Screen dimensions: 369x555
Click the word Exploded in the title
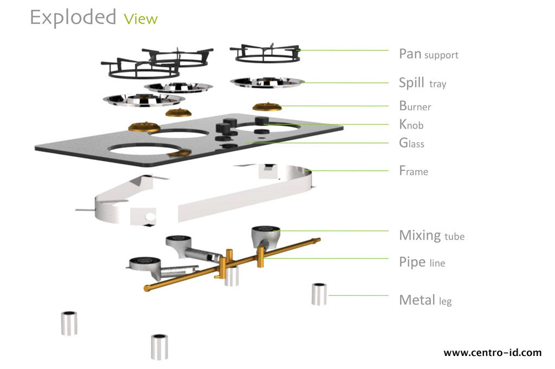(x=73, y=17)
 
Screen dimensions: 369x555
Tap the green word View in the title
(x=140, y=20)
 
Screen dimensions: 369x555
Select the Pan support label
(x=428, y=54)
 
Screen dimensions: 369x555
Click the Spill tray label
(x=422, y=83)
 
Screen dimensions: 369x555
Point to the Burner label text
(x=415, y=106)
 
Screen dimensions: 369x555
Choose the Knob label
(x=411, y=125)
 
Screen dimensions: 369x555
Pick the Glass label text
(x=411, y=144)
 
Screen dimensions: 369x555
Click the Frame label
(x=413, y=171)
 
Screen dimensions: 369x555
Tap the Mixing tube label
(x=431, y=236)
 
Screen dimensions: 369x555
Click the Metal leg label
(x=425, y=300)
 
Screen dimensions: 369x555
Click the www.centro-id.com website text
(x=492, y=353)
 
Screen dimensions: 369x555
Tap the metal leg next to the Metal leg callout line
(x=319, y=294)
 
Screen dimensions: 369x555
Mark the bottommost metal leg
(x=159, y=347)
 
